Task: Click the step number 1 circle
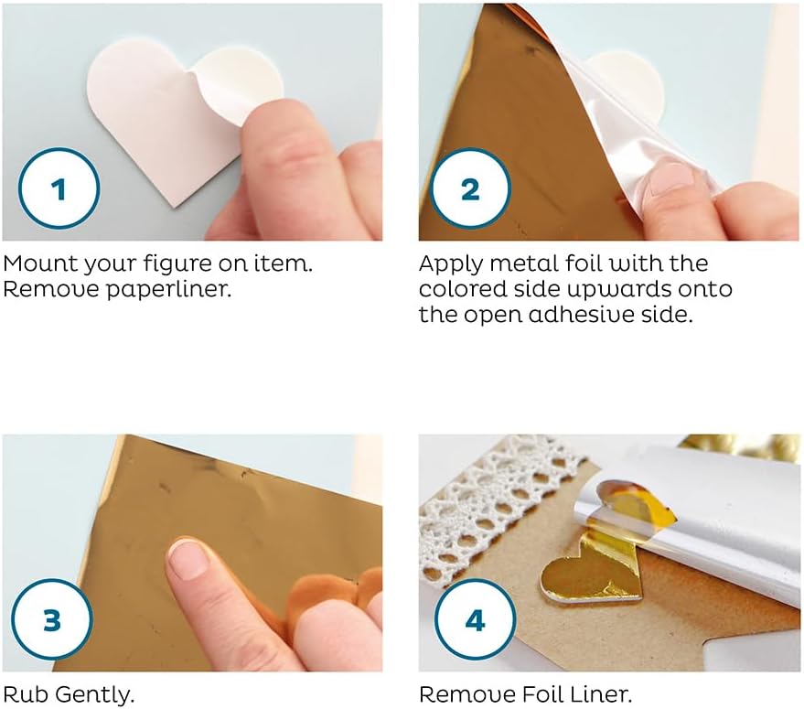pos(59,188)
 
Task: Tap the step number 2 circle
pos(470,188)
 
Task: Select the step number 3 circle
pos(52,619)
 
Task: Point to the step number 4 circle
pos(476,619)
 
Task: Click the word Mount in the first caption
pos(40,263)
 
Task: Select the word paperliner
pos(168,290)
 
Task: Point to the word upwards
pos(618,290)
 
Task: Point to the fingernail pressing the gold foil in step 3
pos(188,558)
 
